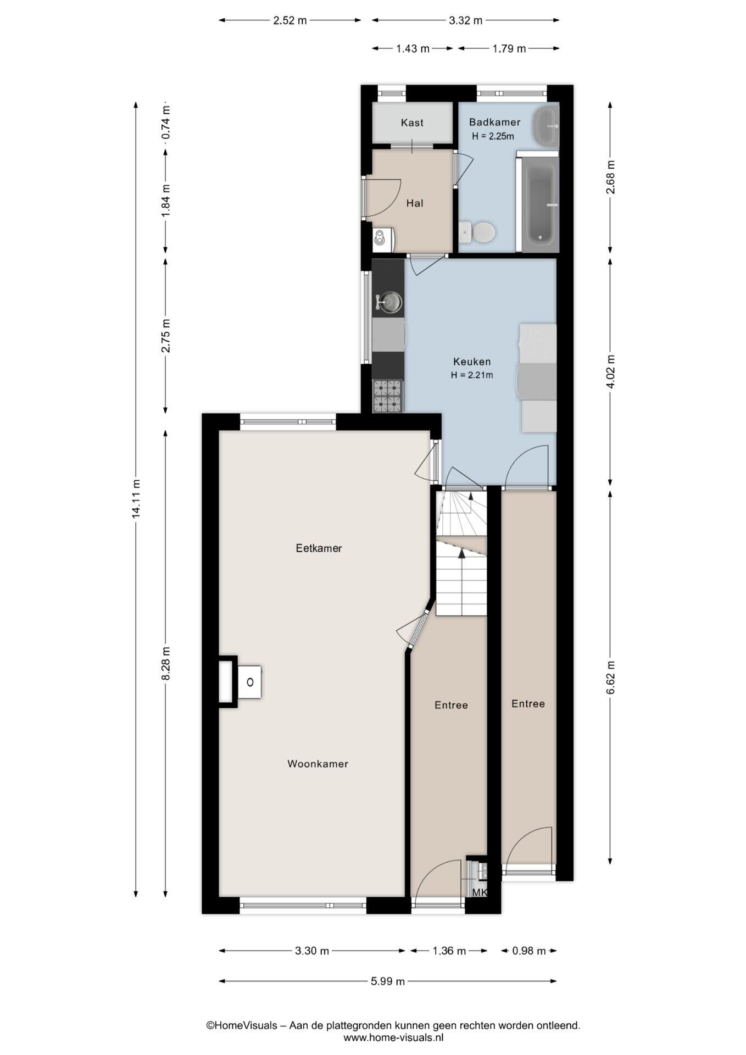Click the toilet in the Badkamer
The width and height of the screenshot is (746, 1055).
(x=477, y=232)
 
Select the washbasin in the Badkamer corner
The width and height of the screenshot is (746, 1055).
(x=545, y=126)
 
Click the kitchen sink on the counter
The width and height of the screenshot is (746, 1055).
(x=389, y=302)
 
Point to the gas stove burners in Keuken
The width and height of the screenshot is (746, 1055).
(x=388, y=396)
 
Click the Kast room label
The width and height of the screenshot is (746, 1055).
(x=412, y=123)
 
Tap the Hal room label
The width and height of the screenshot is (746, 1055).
(x=415, y=203)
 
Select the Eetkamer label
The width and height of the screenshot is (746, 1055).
(x=319, y=548)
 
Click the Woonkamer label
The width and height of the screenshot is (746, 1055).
(x=318, y=764)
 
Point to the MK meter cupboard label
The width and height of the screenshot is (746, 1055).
(x=480, y=892)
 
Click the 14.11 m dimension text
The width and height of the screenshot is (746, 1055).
(x=136, y=498)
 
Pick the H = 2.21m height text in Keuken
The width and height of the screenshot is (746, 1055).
(x=472, y=375)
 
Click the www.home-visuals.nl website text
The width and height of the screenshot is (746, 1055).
(x=393, y=1037)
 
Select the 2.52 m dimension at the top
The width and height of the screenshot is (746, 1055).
(x=290, y=21)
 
